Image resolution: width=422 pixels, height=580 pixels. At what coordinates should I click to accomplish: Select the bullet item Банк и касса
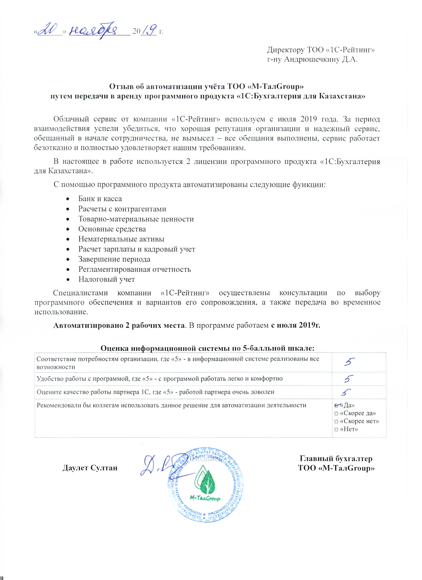pos(100,199)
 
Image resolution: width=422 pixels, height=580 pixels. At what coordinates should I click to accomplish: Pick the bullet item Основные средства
pos(112,229)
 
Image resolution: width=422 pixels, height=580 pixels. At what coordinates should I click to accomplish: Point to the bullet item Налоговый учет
pos(106,279)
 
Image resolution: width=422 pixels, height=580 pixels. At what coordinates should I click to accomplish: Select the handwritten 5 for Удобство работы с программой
pos(349,379)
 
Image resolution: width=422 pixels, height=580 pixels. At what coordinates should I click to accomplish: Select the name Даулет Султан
pos(90,468)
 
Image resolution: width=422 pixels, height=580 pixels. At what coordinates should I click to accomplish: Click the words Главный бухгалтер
pos(336,459)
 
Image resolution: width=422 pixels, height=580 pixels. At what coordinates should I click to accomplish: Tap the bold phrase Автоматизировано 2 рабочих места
pos(119,325)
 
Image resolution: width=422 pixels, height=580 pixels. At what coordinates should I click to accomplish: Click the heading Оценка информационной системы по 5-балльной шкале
pos(207,348)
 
